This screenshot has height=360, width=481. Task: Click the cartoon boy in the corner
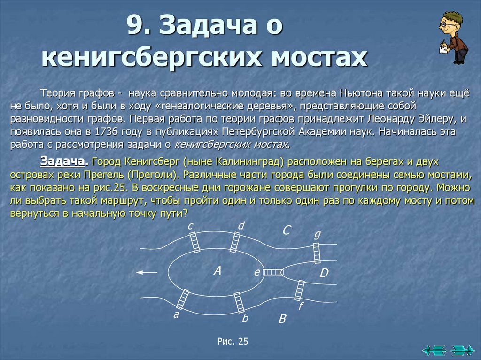point(453,38)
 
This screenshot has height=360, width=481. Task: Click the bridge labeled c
point(194,242)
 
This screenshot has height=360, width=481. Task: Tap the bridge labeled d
point(235,242)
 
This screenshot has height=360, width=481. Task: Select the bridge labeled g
point(317,253)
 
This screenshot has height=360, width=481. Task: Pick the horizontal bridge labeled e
point(273,272)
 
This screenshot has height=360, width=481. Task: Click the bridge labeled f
point(299,291)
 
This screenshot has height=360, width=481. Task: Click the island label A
point(217,270)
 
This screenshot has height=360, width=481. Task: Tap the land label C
point(287,230)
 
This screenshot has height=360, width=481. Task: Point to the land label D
point(324,273)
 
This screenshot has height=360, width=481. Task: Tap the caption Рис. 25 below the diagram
point(233,342)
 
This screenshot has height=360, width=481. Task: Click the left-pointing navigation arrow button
point(434,350)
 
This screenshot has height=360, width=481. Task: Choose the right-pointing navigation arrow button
point(462,350)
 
